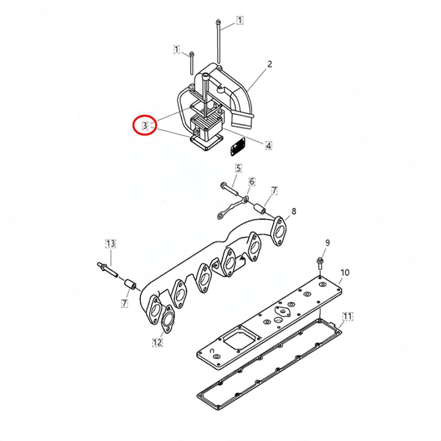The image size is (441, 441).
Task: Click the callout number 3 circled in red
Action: pos(145,125)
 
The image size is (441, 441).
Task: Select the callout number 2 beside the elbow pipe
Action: pos(270,65)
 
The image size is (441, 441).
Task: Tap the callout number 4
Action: pos(268,146)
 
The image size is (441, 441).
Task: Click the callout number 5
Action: pos(238,168)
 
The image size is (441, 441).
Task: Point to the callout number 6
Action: pos(252,182)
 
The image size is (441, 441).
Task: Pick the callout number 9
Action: pos(327,243)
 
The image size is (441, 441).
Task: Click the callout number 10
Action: pos(345,272)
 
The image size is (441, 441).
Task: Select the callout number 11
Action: pos(347,317)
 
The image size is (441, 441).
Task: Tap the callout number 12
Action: pos(157,342)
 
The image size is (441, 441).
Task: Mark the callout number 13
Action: pos(111,244)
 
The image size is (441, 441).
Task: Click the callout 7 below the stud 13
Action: pos(124,303)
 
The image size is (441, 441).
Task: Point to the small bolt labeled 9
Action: pos(320,262)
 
